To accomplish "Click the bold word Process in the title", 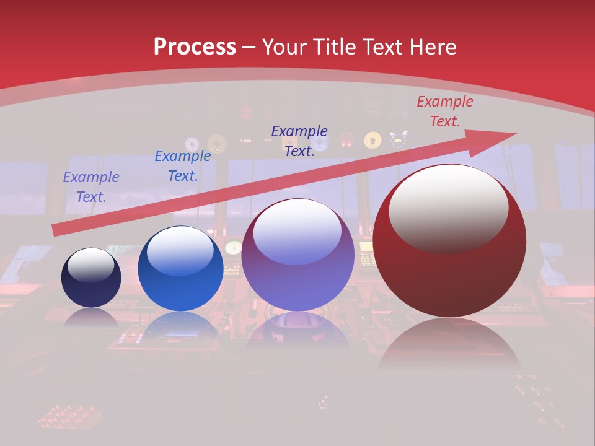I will click(195, 47).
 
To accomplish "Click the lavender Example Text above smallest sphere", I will click(91, 187).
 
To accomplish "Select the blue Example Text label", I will click(183, 166).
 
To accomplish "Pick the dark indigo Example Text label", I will click(299, 141).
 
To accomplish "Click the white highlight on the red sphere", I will click(448, 208).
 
